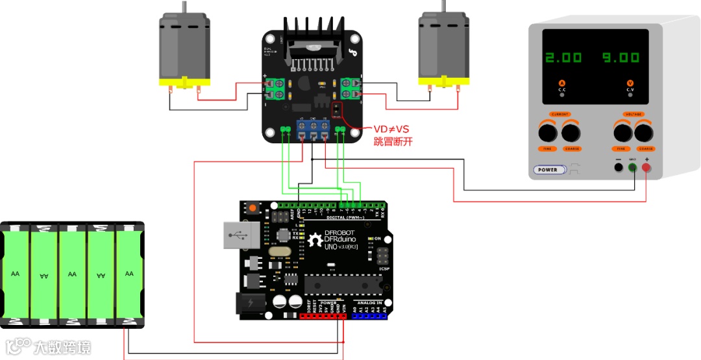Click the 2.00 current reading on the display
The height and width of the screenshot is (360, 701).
coord(563,58)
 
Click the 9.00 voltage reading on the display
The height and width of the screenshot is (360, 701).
coord(621,58)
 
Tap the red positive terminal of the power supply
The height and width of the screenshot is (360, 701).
coord(646,168)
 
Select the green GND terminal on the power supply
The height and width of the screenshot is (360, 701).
coord(633,168)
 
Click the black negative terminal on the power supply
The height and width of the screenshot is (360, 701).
coord(619,168)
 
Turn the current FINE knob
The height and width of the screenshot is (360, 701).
coord(547,133)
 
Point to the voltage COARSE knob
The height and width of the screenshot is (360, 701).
coord(644,133)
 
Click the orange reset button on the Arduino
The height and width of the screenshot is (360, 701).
coord(252,209)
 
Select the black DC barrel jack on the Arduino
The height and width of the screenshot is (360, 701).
coord(249,304)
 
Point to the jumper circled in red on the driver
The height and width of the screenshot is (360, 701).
coord(338,110)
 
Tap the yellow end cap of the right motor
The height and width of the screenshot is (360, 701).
coord(443,82)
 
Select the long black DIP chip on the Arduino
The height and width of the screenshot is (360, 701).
coord(343,283)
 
